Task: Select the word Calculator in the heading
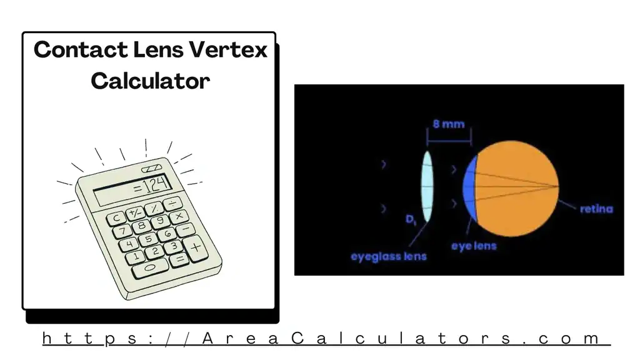[150, 81]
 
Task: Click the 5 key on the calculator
[148, 239]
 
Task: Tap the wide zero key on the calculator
[150, 267]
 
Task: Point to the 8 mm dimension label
[449, 124]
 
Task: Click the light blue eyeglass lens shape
[427, 187]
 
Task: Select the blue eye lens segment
[471, 188]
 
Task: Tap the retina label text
[596, 209]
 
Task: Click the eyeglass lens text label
[388, 256]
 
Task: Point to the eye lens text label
[474, 246]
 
